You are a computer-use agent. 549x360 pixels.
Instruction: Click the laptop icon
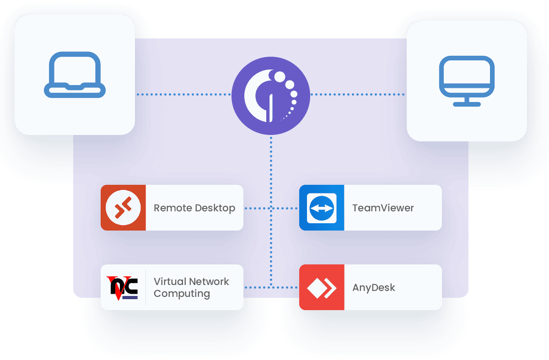coord(75,75)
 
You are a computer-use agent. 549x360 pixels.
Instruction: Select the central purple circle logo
coord(271,96)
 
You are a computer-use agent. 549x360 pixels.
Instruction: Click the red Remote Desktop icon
coord(123,208)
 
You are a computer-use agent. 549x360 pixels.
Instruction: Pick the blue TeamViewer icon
coord(322,208)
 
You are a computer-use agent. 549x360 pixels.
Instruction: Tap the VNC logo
coord(122,287)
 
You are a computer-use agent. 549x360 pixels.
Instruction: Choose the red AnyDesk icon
coord(322,287)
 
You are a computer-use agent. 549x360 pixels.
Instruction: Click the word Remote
coord(167,208)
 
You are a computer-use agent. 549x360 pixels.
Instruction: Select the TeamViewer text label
coord(383,208)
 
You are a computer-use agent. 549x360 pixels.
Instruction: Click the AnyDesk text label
coord(373,288)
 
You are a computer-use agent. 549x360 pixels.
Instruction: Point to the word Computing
coord(182,294)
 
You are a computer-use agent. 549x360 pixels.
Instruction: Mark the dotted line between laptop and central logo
coord(183,95)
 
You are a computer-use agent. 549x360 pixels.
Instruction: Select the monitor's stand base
coord(467,104)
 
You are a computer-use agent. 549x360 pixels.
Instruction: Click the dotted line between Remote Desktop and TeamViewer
coord(271,208)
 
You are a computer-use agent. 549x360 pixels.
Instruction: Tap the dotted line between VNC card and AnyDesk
coord(271,288)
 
